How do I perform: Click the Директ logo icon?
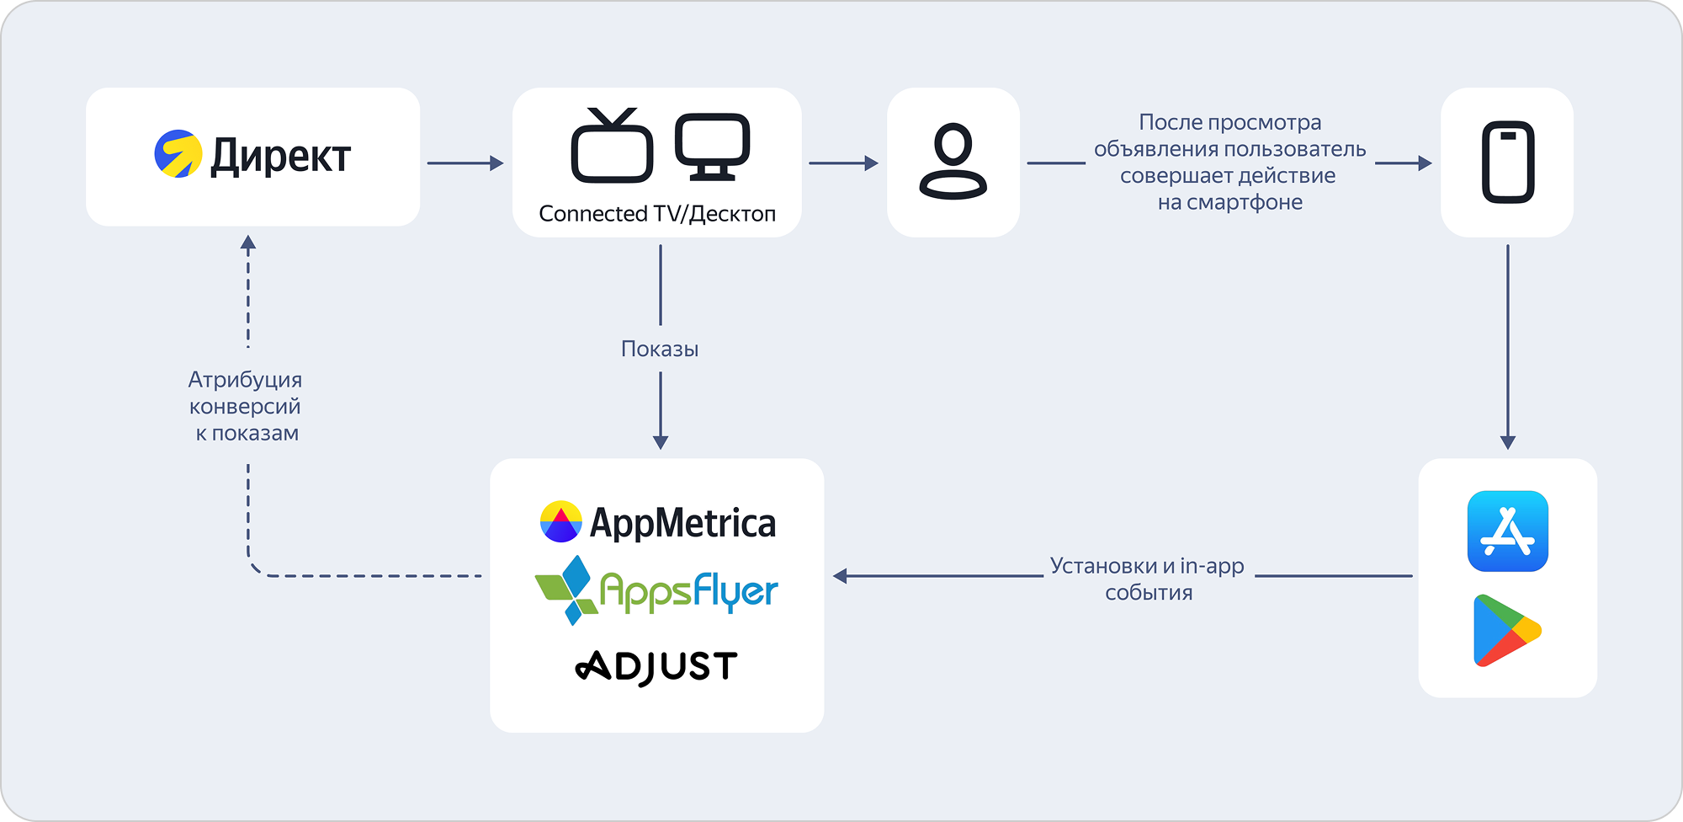pos(178,153)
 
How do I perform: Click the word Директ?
pos(280,157)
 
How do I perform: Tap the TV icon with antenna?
pos(612,147)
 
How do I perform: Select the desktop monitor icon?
pos(712,147)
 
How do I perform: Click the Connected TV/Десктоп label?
pos(657,214)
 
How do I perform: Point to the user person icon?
pos(953,162)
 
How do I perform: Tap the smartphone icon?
pos(1507,163)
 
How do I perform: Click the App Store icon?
pos(1507,531)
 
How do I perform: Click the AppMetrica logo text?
pos(682,523)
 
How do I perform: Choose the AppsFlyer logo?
pos(657,590)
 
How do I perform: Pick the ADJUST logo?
pos(656,667)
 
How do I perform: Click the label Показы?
pos(660,350)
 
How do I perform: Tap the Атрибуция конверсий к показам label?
pos(245,406)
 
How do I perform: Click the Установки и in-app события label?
pos(1148,579)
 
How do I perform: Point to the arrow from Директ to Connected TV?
pos(465,163)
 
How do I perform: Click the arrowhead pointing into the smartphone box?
pos(1424,163)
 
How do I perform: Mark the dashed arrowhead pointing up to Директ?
pos(248,243)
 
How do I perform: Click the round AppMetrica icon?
pos(560,521)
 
